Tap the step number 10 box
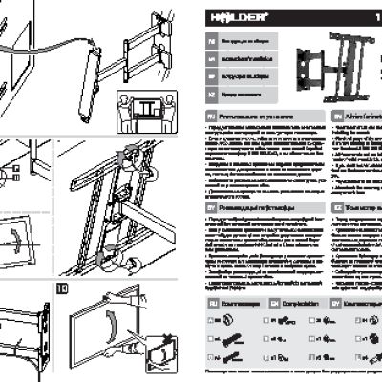pos(62,287)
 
